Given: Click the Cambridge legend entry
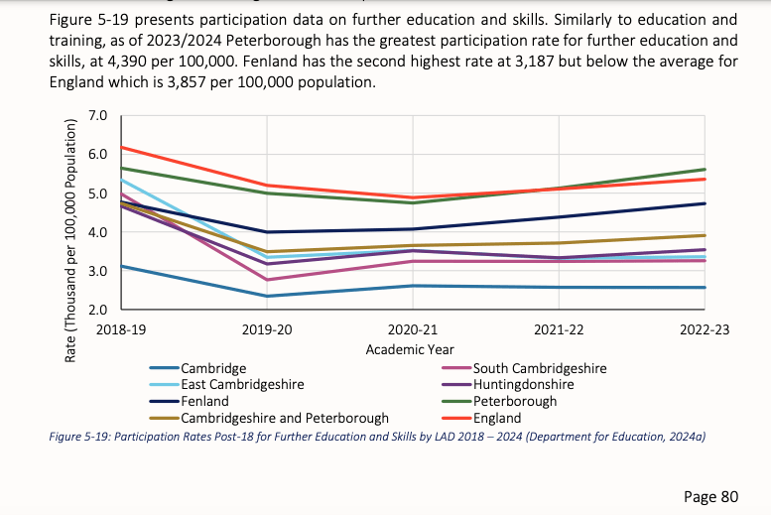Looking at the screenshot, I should pos(213,368).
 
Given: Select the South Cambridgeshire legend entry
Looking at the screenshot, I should pos(540,368).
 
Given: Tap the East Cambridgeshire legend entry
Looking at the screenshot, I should pos(242,384).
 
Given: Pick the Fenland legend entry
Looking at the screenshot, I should pos(204,401).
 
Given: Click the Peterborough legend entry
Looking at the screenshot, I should pos(515,401).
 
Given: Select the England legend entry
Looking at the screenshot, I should pos(497,418).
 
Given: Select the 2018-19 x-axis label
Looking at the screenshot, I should pos(121,329).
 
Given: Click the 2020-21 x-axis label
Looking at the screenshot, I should pos(412,329).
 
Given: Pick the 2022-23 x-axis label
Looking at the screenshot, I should pos(705,329).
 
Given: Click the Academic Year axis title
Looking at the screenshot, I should pos(410,349).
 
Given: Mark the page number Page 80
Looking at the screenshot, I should pos(712,494).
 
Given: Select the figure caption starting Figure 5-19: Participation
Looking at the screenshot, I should pos(376,436).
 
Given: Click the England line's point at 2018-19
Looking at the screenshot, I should pos(121,147).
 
